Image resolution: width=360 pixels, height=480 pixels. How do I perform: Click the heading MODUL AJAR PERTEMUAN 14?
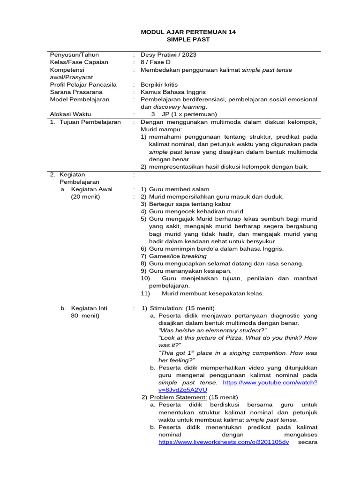click(x=188, y=32)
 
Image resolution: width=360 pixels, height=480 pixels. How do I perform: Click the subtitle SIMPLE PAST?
click(x=188, y=39)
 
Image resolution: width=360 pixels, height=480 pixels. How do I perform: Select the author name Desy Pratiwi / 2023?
click(x=168, y=54)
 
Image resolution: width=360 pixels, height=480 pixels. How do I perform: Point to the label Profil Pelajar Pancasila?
click(x=83, y=85)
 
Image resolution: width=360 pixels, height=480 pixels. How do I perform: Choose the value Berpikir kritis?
click(x=159, y=85)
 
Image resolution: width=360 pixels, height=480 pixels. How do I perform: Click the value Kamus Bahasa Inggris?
click(x=173, y=92)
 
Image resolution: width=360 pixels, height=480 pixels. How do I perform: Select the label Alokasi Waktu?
click(x=70, y=114)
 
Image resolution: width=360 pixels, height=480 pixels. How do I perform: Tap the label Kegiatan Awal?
click(x=91, y=189)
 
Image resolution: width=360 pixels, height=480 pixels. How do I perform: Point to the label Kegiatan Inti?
click(x=89, y=308)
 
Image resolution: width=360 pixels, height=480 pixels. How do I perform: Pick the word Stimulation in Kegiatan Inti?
click(x=165, y=308)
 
